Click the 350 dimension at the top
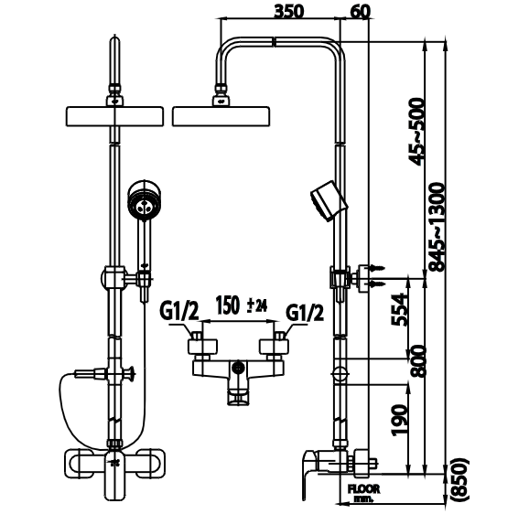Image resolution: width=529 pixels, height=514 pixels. coord(289,11)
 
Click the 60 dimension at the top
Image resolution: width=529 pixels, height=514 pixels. coord(361,11)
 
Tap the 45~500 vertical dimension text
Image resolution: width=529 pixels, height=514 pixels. coord(416,132)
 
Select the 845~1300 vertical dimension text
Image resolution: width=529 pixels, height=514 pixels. coord(437,227)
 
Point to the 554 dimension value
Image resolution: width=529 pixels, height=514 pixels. coord(399,309)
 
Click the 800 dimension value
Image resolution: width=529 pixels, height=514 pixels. coord(418,360)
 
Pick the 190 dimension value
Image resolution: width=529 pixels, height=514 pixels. coord(399,420)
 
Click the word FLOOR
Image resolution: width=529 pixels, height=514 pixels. coord(363,488)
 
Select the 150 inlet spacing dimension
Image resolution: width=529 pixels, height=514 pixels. coord(228,305)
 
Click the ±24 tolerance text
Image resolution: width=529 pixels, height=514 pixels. coord(257,306)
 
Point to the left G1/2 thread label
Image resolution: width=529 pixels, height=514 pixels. coord(179,312)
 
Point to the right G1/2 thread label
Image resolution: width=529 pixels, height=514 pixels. coord(305,312)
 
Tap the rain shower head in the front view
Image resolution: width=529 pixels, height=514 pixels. coord(114,116)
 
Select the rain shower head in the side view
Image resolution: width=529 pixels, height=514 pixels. coord(221,116)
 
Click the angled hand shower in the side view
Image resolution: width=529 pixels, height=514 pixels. coord(329,201)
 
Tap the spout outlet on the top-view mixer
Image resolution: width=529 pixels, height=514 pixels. coord(239,397)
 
